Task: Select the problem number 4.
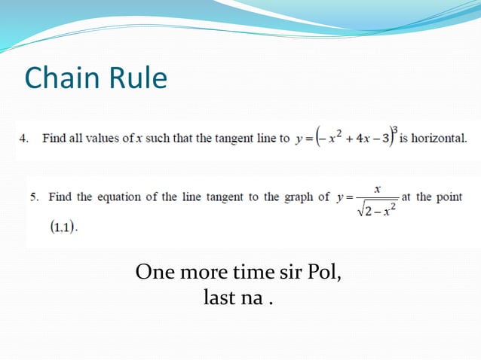click(x=23, y=139)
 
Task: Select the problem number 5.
click(x=35, y=197)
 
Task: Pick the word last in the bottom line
click(x=218, y=297)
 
